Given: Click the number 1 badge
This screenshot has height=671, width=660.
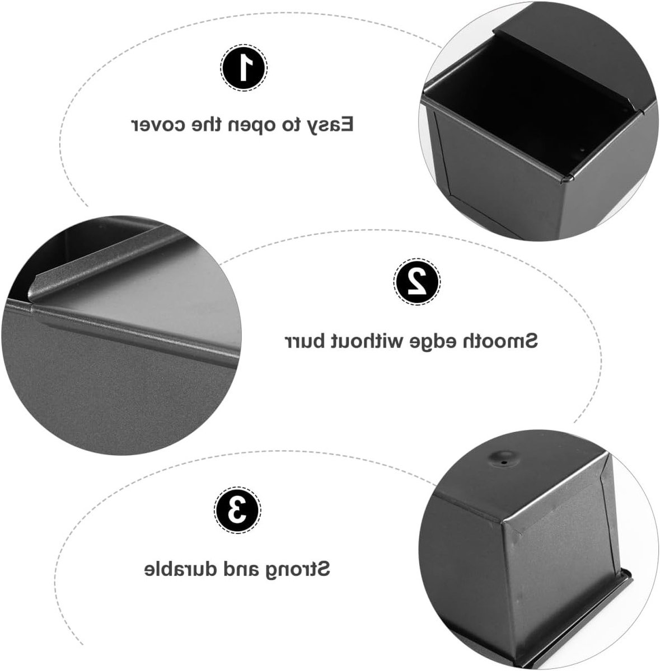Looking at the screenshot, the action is click(x=244, y=68).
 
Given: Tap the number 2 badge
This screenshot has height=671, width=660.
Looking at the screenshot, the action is click(x=416, y=281).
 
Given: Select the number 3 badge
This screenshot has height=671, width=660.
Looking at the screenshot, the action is click(x=237, y=511).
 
